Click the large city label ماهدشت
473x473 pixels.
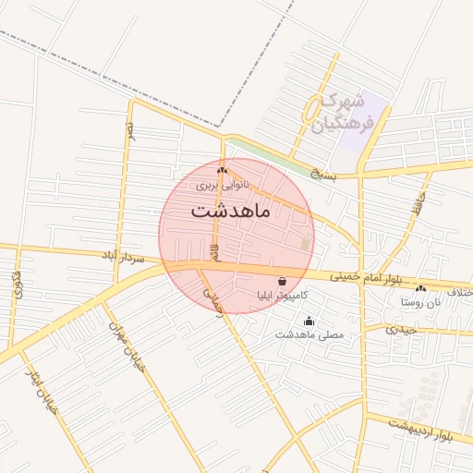(230, 211)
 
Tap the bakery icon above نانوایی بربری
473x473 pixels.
(222, 171)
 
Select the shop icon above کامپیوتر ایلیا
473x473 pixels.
(282, 281)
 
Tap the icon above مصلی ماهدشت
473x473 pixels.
(309, 321)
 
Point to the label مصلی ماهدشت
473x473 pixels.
(309, 334)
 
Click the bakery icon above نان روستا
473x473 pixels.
(421, 288)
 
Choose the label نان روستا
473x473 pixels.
(421, 302)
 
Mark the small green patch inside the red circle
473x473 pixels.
(306, 244)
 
